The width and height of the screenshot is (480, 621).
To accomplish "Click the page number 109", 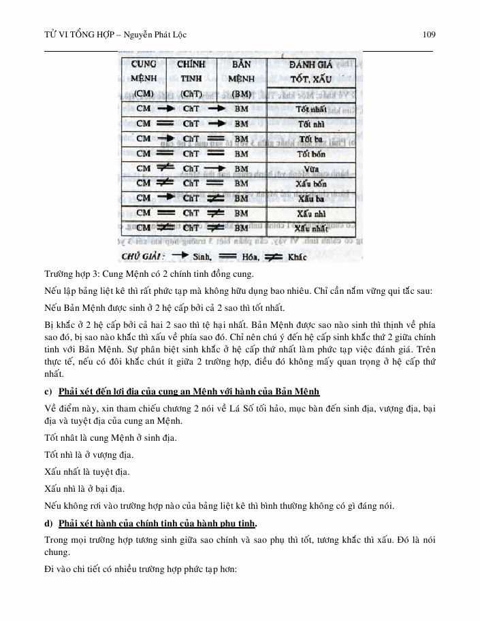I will (x=429, y=35).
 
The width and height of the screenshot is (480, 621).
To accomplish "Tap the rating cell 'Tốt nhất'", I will (x=313, y=109).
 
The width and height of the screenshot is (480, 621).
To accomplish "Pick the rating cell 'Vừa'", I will (x=313, y=168).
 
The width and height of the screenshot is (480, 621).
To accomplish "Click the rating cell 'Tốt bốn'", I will (x=313, y=153).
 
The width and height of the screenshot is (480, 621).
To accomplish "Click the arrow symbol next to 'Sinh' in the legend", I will (x=180, y=256).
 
